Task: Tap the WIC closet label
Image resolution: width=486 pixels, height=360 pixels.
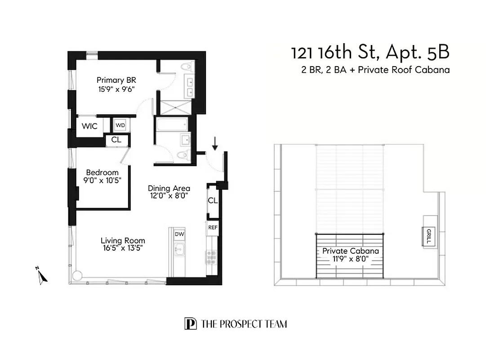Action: pyautogui.click(x=89, y=126)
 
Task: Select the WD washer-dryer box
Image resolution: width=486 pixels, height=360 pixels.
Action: pyautogui.click(x=120, y=125)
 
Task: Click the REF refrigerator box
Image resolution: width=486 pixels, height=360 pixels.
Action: pyautogui.click(x=213, y=228)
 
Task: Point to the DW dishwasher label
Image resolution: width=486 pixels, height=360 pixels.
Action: pyautogui.click(x=179, y=234)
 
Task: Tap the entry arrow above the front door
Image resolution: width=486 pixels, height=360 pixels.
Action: pyautogui.click(x=215, y=143)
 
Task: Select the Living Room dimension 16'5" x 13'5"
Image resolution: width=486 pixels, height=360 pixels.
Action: pyautogui.click(x=123, y=247)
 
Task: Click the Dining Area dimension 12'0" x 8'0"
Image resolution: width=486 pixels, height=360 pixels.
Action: pyautogui.click(x=169, y=196)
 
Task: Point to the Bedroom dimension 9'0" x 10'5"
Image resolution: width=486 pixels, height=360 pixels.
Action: pyautogui.click(x=103, y=180)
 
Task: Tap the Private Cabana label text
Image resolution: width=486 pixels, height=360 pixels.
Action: pyautogui.click(x=350, y=251)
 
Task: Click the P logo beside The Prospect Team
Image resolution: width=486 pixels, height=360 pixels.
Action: pyautogui.click(x=190, y=324)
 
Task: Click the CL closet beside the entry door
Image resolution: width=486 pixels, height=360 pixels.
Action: pyautogui.click(x=213, y=201)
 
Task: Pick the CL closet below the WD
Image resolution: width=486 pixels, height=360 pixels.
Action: pyautogui.click(x=116, y=140)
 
